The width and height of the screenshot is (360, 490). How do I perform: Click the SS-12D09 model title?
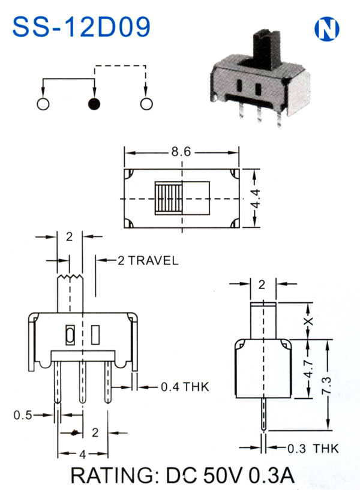(81, 27)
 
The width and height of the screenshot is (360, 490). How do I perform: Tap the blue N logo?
(326, 29)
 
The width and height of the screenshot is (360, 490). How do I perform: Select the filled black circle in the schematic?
(94, 104)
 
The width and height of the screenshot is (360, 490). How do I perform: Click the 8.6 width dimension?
(181, 152)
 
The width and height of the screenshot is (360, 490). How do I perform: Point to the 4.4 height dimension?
(256, 199)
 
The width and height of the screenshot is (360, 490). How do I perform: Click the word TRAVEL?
(153, 261)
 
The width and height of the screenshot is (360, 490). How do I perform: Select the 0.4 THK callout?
(185, 387)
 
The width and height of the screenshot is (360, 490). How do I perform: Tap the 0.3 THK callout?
(313, 449)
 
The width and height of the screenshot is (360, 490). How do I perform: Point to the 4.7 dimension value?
(308, 369)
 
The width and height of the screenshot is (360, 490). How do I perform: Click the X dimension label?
(308, 321)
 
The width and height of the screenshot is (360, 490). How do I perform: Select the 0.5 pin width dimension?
(23, 415)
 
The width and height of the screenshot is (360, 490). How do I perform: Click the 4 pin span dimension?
(83, 454)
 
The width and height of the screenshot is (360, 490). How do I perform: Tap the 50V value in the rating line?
(223, 475)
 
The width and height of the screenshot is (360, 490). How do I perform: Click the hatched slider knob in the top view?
(169, 199)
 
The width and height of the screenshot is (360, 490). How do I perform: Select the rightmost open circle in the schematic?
(146, 104)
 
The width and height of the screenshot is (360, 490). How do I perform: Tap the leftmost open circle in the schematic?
(43, 104)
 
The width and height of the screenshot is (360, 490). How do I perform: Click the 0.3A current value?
(271, 475)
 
